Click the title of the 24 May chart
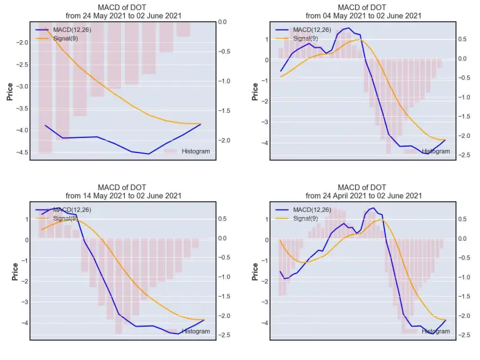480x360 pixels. coord(124,12)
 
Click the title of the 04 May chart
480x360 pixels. coord(363,12)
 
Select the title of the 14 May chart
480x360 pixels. coord(124,191)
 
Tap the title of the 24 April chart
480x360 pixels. coord(363,191)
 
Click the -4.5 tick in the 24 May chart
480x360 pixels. coord(21,152)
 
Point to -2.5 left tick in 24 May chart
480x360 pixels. coord(21,65)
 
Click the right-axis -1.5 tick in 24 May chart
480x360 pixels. coord(225,111)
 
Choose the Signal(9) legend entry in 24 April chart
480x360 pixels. coord(306,218)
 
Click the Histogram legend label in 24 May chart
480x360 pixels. coord(196,151)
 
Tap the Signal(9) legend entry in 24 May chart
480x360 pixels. coord(65,38)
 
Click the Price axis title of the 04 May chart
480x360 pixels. coord(255,92)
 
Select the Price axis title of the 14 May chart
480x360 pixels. coord(15,272)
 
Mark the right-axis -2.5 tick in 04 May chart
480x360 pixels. coord(464,155)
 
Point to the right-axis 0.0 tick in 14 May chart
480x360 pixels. coord(223,238)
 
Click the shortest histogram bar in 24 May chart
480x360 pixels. coord(183,29)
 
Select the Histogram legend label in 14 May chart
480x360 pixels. coord(196,331)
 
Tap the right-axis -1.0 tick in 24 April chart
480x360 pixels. coord(464,277)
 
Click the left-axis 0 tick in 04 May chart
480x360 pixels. coord(267,60)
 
